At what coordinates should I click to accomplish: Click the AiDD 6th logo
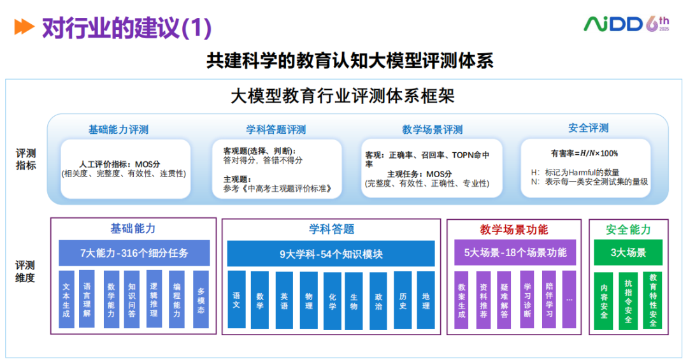(x=627, y=24)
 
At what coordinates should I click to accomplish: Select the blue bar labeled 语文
(x=236, y=300)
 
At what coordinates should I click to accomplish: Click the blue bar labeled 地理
(x=426, y=300)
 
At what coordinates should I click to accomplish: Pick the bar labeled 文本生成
(x=66, y=299)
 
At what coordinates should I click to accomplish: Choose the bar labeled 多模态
(x=201, y=299)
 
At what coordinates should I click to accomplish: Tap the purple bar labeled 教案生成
(x=461, y=300)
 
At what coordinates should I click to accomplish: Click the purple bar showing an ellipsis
(x=569, y=300)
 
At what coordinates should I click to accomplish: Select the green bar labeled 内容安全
(x=603, y=301)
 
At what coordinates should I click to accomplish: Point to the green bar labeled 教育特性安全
(x=652, y=301)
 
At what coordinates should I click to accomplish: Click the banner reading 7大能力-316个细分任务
(x=134, y=253)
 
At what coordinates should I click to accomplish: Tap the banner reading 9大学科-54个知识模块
(x=331, y=254)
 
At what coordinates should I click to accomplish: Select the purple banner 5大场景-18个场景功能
(x=515, y=252)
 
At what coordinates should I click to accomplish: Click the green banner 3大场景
(x=628, y=252)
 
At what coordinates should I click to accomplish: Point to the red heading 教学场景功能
(x=514, y=229)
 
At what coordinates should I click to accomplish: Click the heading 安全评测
(x=589, y=128)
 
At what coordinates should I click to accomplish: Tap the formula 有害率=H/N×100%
(x=584, y=153)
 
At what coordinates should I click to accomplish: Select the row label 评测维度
(x=25, y=271)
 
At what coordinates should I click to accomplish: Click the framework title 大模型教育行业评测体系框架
(x=343, y=96)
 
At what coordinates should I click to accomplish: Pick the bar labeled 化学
(x=332, y=301)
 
